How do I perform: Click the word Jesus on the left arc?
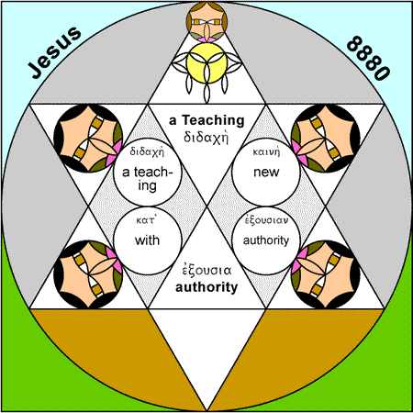55,52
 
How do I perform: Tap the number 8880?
369,58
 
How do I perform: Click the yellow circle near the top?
206,63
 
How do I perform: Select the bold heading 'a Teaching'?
206,120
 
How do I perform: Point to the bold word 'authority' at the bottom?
206,287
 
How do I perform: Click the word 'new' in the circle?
266,173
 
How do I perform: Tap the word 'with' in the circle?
147,240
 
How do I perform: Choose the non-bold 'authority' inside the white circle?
266,240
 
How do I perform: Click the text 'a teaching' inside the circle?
148,179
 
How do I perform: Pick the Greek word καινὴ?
266,152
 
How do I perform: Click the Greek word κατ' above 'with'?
146,220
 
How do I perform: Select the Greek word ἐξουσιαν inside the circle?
266,220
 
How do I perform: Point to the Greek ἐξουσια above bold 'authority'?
206,270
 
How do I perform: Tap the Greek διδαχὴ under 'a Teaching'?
206,138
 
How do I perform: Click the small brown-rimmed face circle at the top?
206,22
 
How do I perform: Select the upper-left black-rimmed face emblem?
88,139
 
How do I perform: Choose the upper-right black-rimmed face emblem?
326,139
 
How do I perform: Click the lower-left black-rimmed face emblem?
88,274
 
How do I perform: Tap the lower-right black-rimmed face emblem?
326,274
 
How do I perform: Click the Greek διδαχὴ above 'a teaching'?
147,151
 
